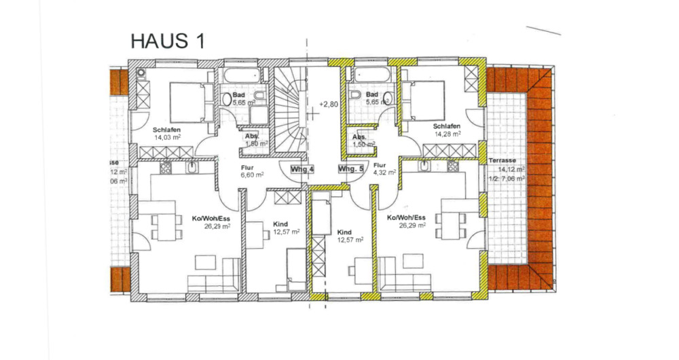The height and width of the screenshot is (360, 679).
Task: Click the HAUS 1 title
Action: [x=167, y=41]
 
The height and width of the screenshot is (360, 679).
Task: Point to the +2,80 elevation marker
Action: [x=329, y=105]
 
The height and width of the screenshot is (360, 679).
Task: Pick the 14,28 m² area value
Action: [x=447, y=134]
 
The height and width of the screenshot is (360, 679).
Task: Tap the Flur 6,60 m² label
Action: [x=252, y=170]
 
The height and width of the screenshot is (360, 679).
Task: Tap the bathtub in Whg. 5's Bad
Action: [x=370, y=75]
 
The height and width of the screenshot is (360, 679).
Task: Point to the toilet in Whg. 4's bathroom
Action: [x=227, y=99]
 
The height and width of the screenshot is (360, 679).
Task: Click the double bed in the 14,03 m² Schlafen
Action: [x=183, y=102]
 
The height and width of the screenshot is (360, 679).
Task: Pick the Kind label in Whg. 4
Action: [x=280, y=223]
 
